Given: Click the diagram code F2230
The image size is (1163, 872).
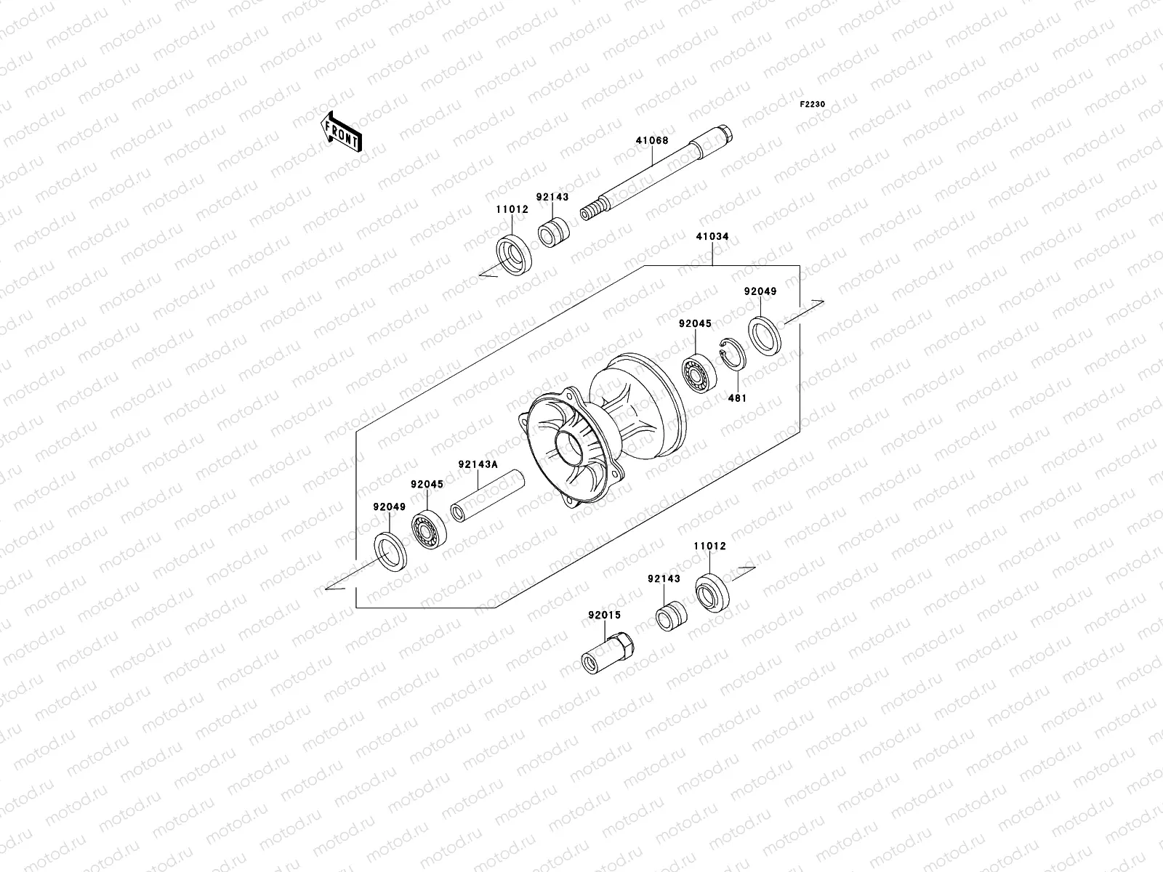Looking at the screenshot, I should (x=813, y=105).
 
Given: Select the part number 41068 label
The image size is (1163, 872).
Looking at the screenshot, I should (x=651, y=141).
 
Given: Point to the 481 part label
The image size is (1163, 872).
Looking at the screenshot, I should (x=737, y=398).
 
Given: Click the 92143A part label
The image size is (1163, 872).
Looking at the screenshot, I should (x=477, y=465).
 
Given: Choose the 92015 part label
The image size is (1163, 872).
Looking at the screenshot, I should (x=604, y=615).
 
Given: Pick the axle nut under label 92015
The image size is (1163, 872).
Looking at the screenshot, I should (x=608, y=653).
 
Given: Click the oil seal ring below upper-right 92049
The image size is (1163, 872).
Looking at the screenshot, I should (x=765, y=335).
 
